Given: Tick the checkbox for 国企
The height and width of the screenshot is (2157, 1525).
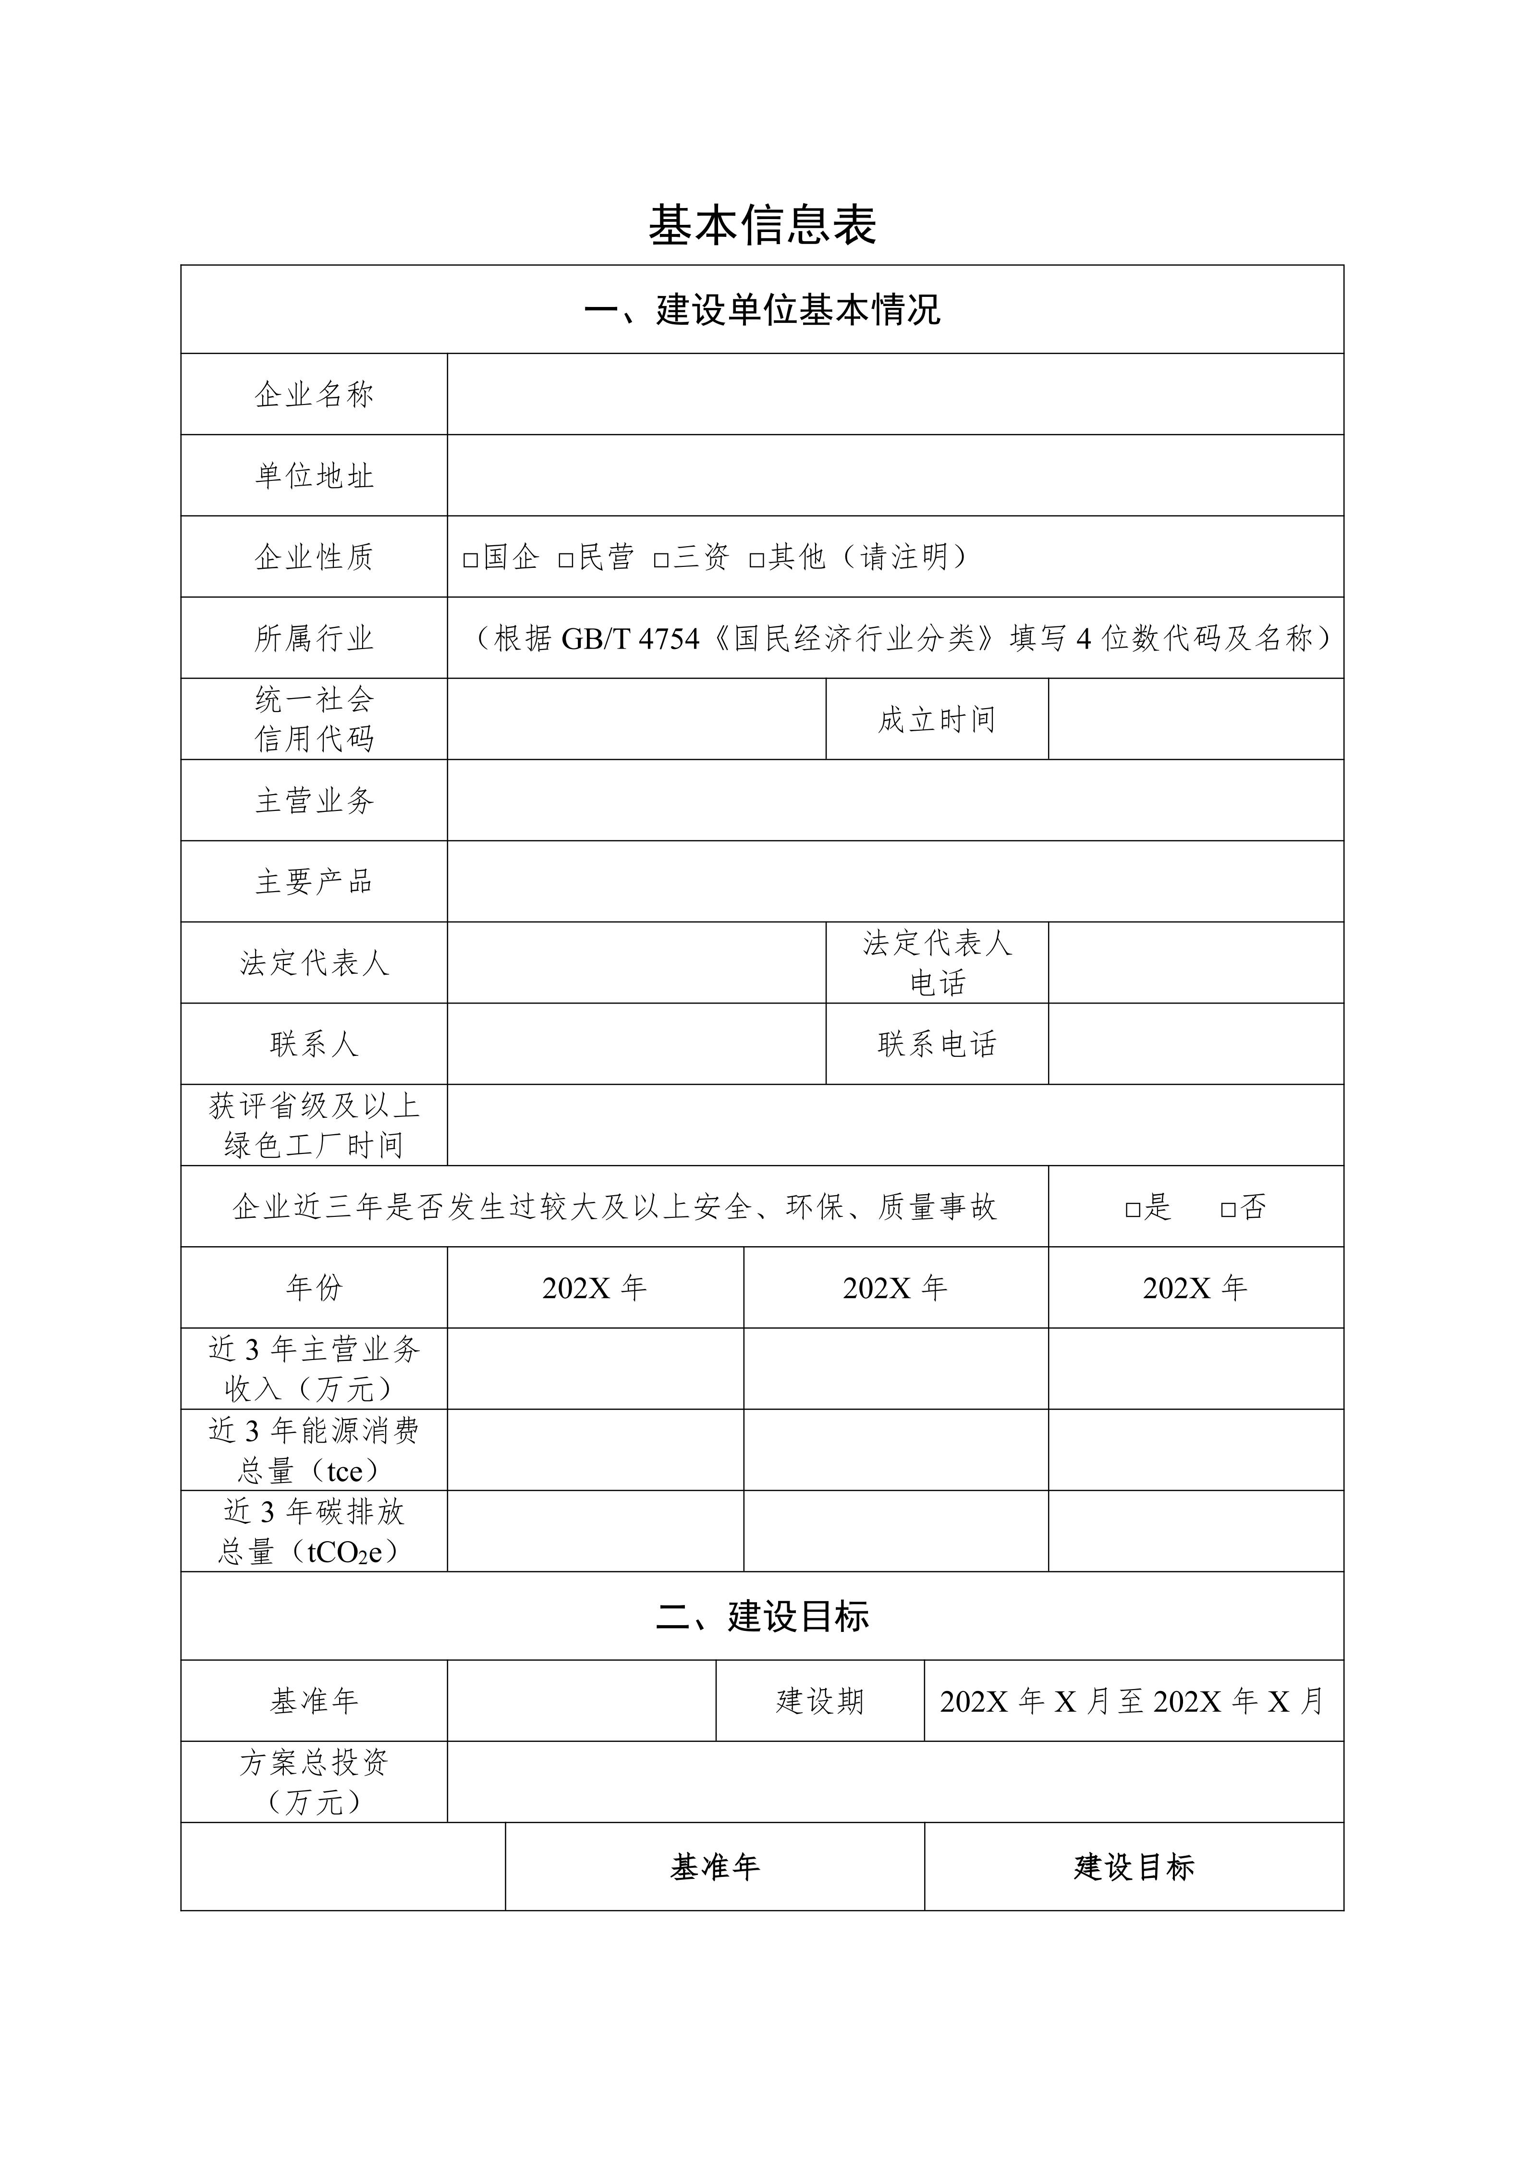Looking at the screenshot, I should click(470, 560).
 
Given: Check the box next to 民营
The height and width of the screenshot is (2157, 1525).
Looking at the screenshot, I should click(565, 560).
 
